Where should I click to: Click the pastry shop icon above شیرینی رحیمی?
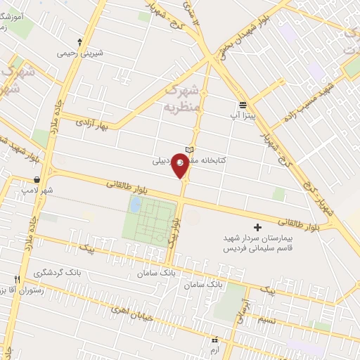(x=80, y=42)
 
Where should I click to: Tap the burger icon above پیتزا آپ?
(x=243, y=103)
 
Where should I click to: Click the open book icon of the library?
(x=188, y=150)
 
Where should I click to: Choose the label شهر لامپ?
(x=37, y=190)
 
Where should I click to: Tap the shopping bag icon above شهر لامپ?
(x=37, y=180)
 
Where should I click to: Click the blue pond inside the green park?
(x=135, y=205)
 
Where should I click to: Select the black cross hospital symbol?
(x=257, y=227)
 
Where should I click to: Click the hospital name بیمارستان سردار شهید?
(x=257, y=239)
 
